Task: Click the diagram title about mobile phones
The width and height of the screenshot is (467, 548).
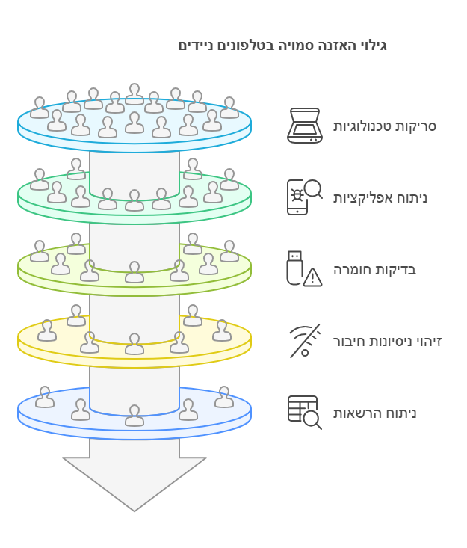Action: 282,46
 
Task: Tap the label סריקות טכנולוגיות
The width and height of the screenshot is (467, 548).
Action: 385,126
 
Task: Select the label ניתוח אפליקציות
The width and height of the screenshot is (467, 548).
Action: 380,198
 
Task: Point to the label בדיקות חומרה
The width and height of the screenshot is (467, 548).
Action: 374,270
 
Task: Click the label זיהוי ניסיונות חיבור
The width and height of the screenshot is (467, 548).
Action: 387,342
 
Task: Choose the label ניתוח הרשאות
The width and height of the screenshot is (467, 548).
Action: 374,413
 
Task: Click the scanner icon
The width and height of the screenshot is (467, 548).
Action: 305,126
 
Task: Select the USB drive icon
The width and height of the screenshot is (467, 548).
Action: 295,268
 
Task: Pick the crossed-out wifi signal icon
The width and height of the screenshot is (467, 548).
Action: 305,341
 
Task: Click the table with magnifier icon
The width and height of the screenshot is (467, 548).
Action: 305,413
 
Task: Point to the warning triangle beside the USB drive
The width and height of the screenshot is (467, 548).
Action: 312,278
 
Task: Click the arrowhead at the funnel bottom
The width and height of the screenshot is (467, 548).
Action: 134,484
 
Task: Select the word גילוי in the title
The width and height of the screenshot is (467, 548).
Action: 374,46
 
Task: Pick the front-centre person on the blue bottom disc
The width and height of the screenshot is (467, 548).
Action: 134,416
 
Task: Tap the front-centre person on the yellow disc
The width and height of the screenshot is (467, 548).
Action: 134,344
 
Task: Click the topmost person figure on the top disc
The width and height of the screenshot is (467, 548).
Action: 134,94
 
